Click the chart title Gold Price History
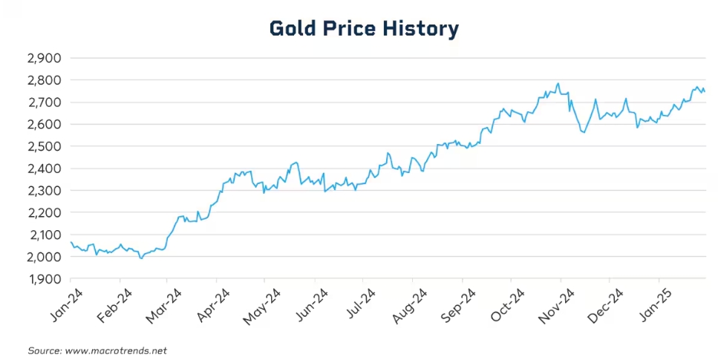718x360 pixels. (x=364, y=29)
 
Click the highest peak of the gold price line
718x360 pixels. (x=558, y=84)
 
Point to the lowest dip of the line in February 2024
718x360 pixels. (x=141, y=258)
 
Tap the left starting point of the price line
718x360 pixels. (x=71, y=242)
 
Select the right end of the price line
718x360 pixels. (x=705, y=91)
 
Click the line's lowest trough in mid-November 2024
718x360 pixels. (x=585, y=132)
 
